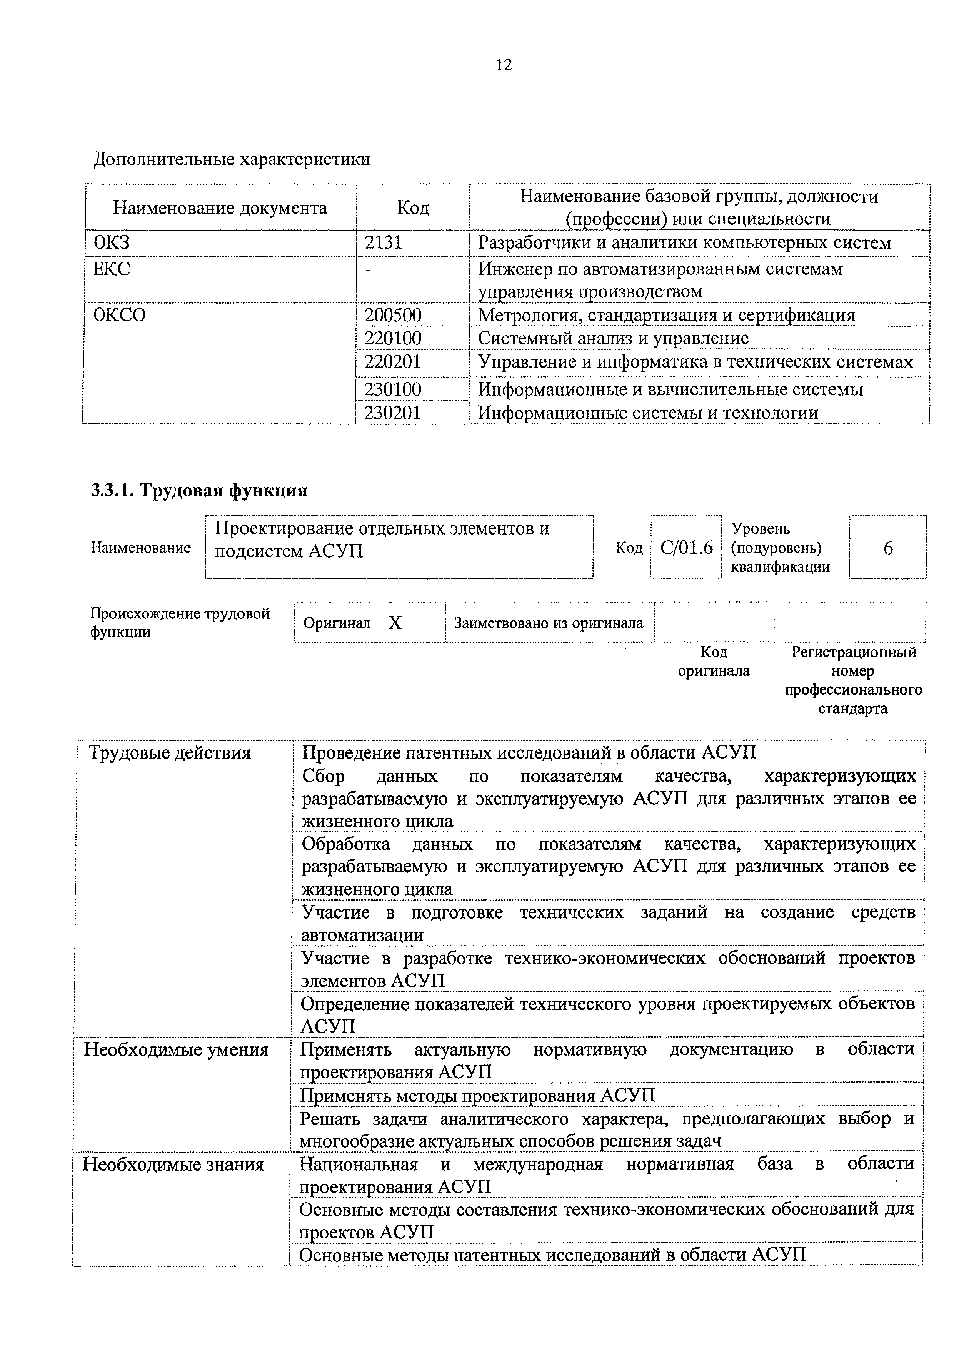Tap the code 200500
point(393,316)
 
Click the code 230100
point(393,389)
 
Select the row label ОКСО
point(119,316)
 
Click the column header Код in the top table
point(413,207)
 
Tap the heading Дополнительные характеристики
point(232,159)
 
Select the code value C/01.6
point(686,548)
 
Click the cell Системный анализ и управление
point(613,339)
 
